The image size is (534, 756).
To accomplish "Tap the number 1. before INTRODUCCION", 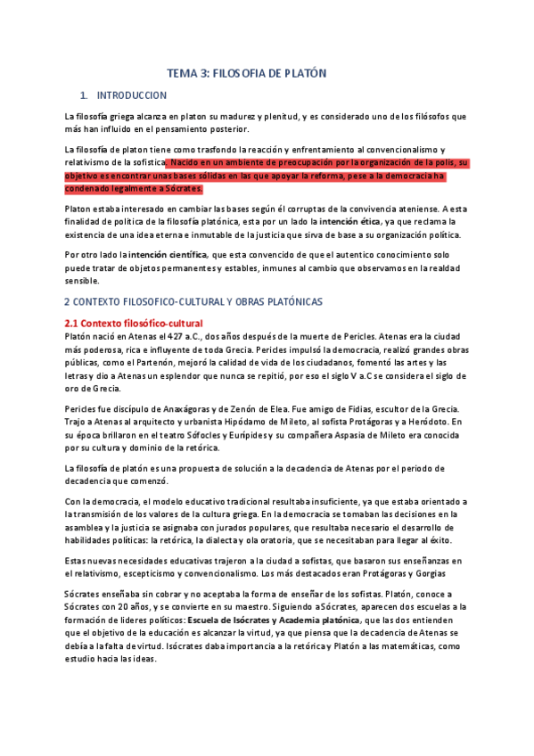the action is coord(84,95).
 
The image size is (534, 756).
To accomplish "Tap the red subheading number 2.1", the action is coord(75,322).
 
